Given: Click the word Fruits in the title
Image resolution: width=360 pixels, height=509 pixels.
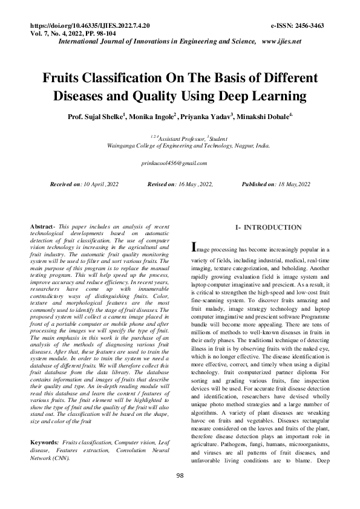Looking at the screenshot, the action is coord(65,79).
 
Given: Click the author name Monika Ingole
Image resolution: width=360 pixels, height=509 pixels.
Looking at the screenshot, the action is coord(151,115).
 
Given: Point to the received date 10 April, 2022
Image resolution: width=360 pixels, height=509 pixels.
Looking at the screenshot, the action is coord(97,183).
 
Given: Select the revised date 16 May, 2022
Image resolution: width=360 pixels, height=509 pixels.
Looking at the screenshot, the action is coord(192,183).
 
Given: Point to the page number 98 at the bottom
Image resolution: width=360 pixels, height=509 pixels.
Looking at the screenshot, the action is coord(180,493).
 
